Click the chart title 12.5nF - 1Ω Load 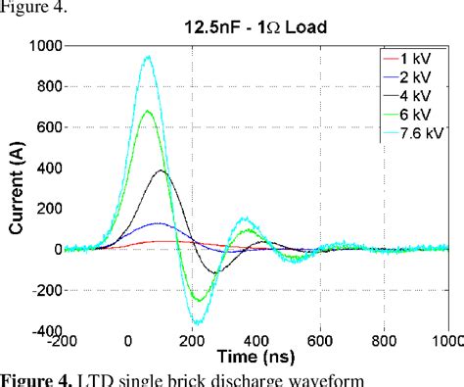[258, 28]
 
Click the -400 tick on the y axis [43, 332]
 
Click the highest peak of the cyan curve [149, 57]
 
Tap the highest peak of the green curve [149, 111]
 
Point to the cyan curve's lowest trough [198, 321]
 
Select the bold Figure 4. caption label [29, 377]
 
